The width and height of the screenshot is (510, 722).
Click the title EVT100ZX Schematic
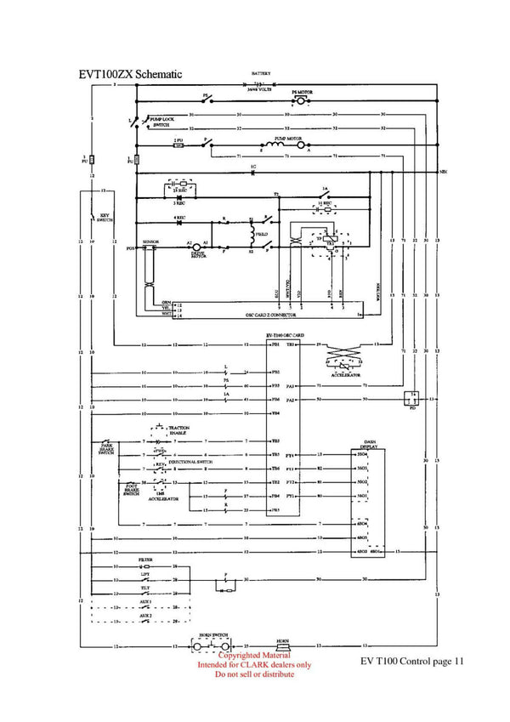point(130,75)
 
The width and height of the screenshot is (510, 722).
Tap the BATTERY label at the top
point(261,75)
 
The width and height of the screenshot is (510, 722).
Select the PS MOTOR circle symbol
point(299,100)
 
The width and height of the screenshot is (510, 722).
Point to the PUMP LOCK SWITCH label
point(161,122)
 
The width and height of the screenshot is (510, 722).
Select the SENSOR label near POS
point(150,242)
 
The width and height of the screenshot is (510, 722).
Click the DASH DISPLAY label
point(369,445)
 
